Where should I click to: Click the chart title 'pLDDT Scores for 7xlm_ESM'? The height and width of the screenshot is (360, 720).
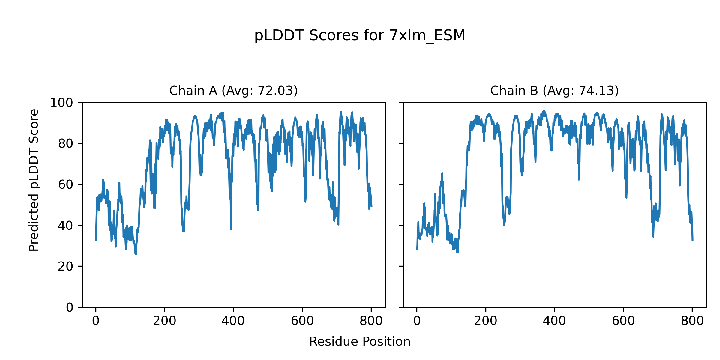pos(360,35)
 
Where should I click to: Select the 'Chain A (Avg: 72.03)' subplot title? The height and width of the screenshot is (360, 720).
pos(233,91)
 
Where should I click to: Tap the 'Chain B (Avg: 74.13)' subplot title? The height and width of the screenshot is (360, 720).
pos(554,91)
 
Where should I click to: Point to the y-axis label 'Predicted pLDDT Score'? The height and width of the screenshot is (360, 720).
pos(34,180)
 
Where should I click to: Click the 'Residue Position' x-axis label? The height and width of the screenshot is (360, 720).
pos(360,341)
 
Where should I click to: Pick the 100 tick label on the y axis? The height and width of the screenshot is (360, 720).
pos(61,103)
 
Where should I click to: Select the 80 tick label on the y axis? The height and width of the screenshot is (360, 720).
pos(66,144)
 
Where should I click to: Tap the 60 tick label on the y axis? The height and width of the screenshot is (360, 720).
pos(66,184)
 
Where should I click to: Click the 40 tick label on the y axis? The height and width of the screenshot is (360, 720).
pos(66,226)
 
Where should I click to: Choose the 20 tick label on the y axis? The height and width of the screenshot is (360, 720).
pos(66,266)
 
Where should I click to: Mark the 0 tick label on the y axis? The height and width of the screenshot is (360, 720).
pos(70,307)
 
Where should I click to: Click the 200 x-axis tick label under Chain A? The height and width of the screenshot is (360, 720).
pos(164,321)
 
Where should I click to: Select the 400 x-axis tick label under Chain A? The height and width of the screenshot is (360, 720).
pos(233,321)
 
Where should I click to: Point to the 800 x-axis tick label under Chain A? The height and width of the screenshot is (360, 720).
pos(371,321)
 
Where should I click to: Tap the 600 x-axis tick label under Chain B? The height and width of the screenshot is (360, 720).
pos(623,321)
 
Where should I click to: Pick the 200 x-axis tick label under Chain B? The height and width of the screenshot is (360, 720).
pos(485,321)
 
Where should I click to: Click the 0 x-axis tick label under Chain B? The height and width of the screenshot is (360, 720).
pos(417,321)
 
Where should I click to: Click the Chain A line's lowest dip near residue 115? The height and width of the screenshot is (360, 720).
pos(136,254)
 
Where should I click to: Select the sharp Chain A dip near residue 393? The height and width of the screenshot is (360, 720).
pos(231,229)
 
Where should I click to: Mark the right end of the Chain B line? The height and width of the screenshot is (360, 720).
pos(692,240)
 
